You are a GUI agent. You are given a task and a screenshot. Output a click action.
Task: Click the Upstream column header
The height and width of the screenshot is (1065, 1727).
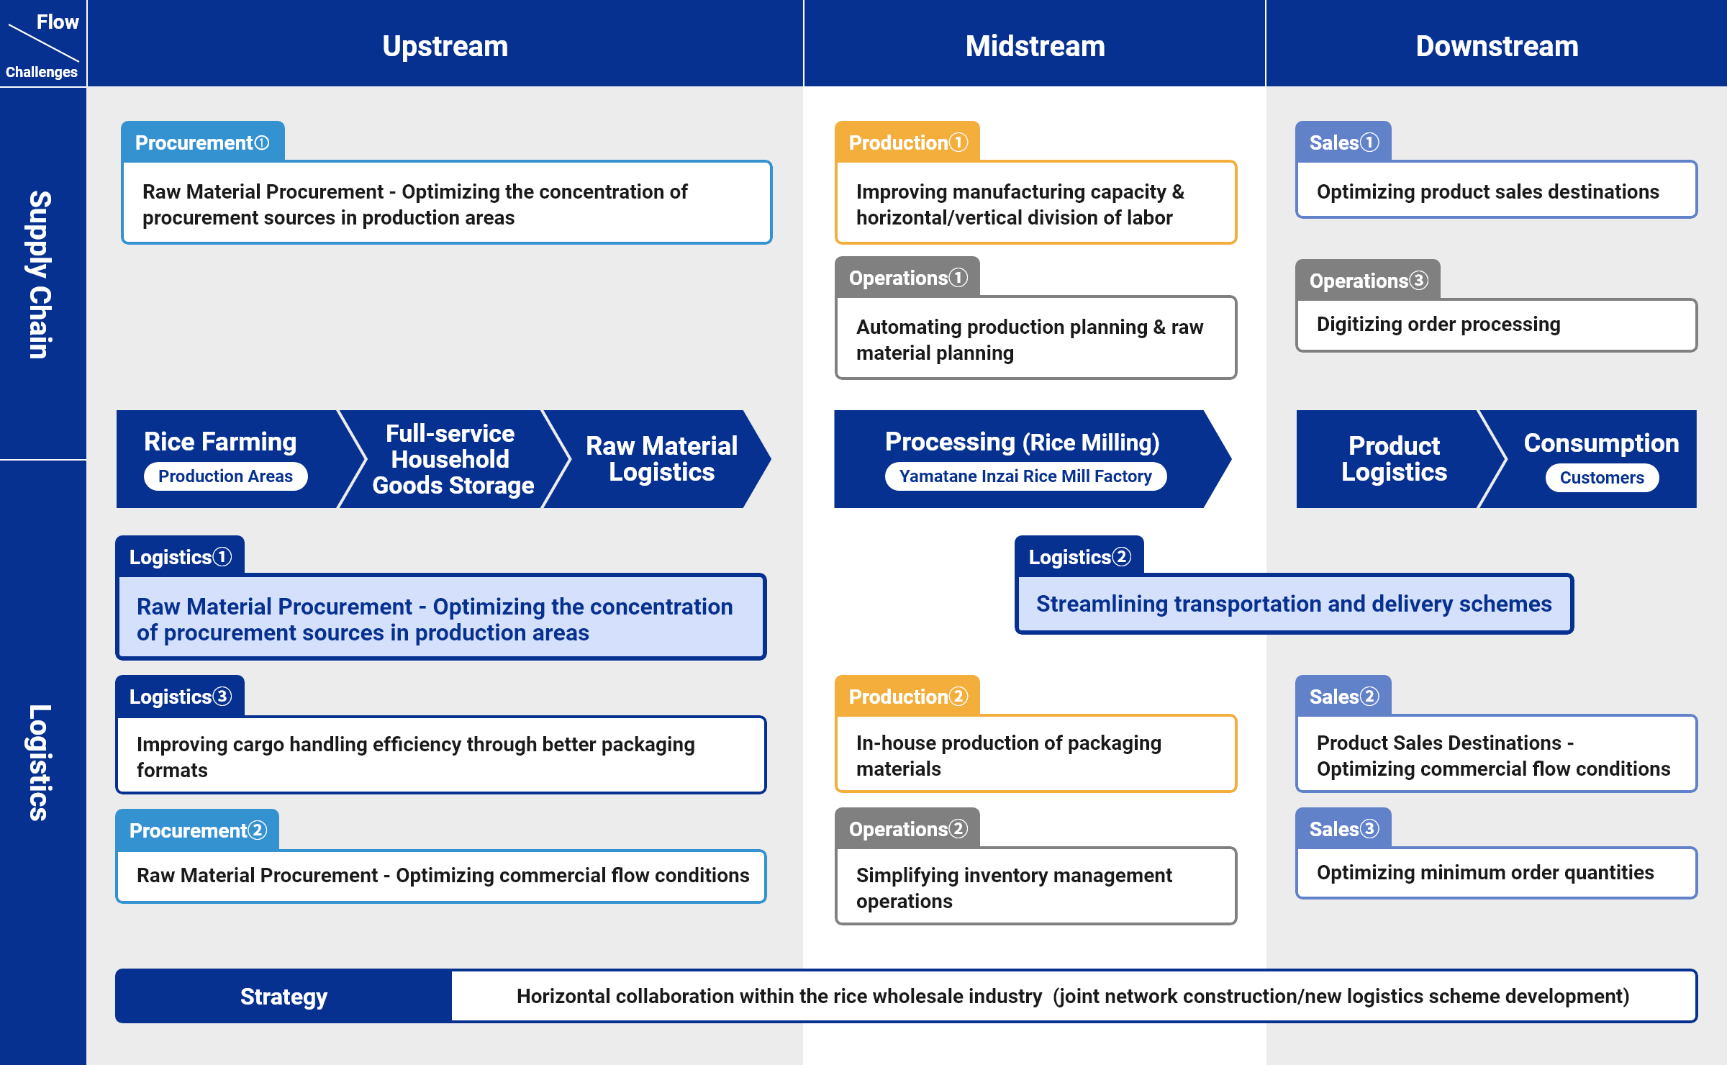[445, 46]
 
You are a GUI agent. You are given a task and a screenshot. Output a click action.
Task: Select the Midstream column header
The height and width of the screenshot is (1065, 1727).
[1035, 46]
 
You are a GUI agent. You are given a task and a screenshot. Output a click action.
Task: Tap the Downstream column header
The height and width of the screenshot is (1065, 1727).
[1497, 46]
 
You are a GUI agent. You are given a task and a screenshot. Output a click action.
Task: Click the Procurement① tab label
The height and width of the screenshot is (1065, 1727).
[202, 142]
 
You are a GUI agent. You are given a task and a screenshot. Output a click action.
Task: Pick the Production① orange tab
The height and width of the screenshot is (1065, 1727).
[907, 142]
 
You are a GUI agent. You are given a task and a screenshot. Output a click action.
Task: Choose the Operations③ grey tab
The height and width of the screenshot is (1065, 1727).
[1368, 281]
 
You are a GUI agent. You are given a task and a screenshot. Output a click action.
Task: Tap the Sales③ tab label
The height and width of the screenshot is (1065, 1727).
[1343, 829]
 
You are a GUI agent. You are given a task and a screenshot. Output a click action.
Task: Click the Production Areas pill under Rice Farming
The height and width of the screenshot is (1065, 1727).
[225, 476]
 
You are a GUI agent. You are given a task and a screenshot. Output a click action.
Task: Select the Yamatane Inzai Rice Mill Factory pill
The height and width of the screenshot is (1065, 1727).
[1025, 476]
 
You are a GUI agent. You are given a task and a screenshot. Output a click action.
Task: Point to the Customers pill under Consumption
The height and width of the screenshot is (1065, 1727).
[1602, 478]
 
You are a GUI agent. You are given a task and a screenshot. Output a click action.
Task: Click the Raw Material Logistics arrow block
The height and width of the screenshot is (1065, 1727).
[661, 459]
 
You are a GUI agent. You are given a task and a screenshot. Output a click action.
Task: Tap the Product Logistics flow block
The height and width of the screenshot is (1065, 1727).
[1394, 459]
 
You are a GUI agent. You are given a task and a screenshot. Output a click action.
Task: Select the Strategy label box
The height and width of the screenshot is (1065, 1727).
[284, 997]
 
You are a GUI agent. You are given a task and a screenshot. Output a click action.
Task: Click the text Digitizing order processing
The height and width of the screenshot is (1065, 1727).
[1438, 325]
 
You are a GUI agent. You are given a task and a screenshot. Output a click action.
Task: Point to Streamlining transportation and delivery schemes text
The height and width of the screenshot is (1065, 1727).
[1294, 604]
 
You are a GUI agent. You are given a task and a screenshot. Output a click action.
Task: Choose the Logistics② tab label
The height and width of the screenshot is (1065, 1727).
[1079, 557]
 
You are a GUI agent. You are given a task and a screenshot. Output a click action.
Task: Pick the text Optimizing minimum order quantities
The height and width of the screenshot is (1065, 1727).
[1485, 873]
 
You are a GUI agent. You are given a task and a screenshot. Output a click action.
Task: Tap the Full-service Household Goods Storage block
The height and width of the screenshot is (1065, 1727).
[453, 459]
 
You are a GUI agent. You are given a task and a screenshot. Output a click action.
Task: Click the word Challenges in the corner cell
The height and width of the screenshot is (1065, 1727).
[41, 72]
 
